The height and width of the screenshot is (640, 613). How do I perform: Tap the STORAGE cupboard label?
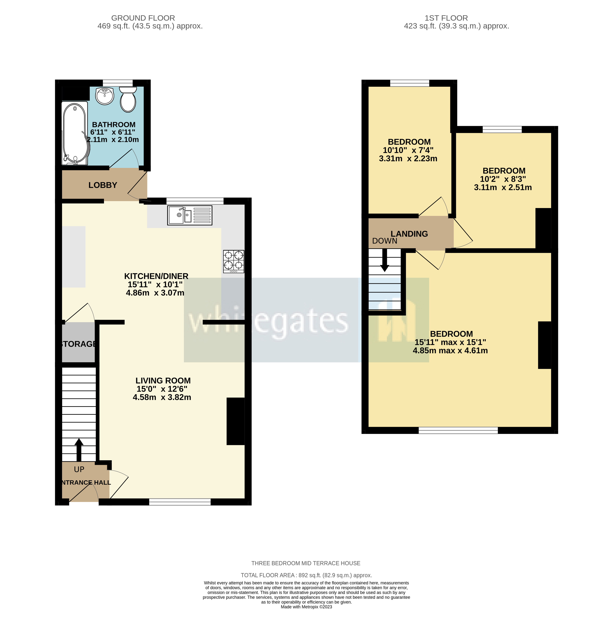click(78, 344)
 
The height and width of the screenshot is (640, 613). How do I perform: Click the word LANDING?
click(409, 234)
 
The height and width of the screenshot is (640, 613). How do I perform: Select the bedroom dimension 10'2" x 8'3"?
click(503, 179)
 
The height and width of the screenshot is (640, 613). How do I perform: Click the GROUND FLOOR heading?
click(143, 18)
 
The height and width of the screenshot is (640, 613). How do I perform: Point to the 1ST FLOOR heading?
click(446, 18)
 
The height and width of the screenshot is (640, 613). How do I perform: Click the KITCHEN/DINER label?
click(156, 276)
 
